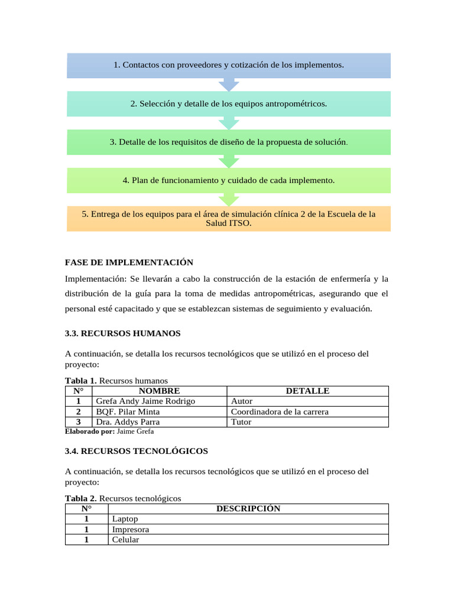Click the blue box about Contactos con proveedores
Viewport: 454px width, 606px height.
(x=228, y=65)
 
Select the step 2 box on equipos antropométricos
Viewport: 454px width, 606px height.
(x=228, y=104)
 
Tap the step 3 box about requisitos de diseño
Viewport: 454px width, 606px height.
(x=228, y=142)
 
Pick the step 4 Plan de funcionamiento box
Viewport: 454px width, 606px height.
(x=228, y=180)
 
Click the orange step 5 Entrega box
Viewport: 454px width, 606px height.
(x=228, y=218)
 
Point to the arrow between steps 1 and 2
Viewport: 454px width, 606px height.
(x=228, y=85)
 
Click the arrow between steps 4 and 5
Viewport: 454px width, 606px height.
(x=228, y=199)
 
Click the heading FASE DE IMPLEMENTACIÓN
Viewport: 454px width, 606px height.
(x=129, y=262)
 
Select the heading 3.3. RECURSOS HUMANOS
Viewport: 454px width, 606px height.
(x=122, y=334)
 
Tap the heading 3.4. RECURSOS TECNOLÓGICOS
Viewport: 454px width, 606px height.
(x=136, y=451)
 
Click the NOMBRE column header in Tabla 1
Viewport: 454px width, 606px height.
(x=159, y=391)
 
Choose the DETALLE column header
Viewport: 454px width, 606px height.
(x=307, y=391)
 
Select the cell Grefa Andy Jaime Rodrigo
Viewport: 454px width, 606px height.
(x=145, y=401)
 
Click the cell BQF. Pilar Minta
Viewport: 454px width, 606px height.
(x=128, y=412)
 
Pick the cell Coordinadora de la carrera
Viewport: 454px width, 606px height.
(x=279, y=412)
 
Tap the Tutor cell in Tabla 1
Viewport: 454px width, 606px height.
(x=241, y=422)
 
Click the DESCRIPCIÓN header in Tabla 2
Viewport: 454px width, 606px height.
(x=248, y=508)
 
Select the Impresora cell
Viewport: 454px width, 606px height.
(x=131, y=530)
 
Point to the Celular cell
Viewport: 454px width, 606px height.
(x=125, y=540)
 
